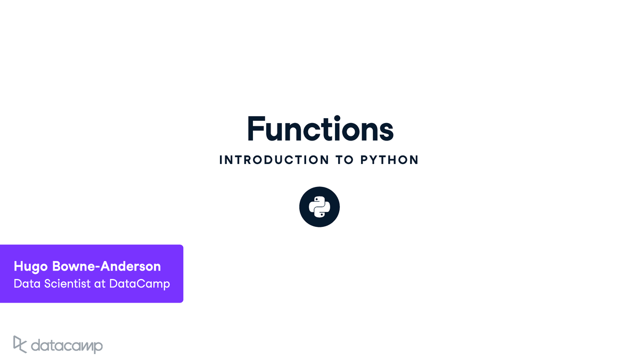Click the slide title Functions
321,128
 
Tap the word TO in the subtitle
345,160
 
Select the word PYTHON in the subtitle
389,160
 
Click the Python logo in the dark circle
319,207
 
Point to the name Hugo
31,267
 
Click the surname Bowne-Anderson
106,266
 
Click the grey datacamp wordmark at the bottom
67,346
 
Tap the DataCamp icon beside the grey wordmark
20,345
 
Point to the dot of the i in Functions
337,118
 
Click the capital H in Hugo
18,266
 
